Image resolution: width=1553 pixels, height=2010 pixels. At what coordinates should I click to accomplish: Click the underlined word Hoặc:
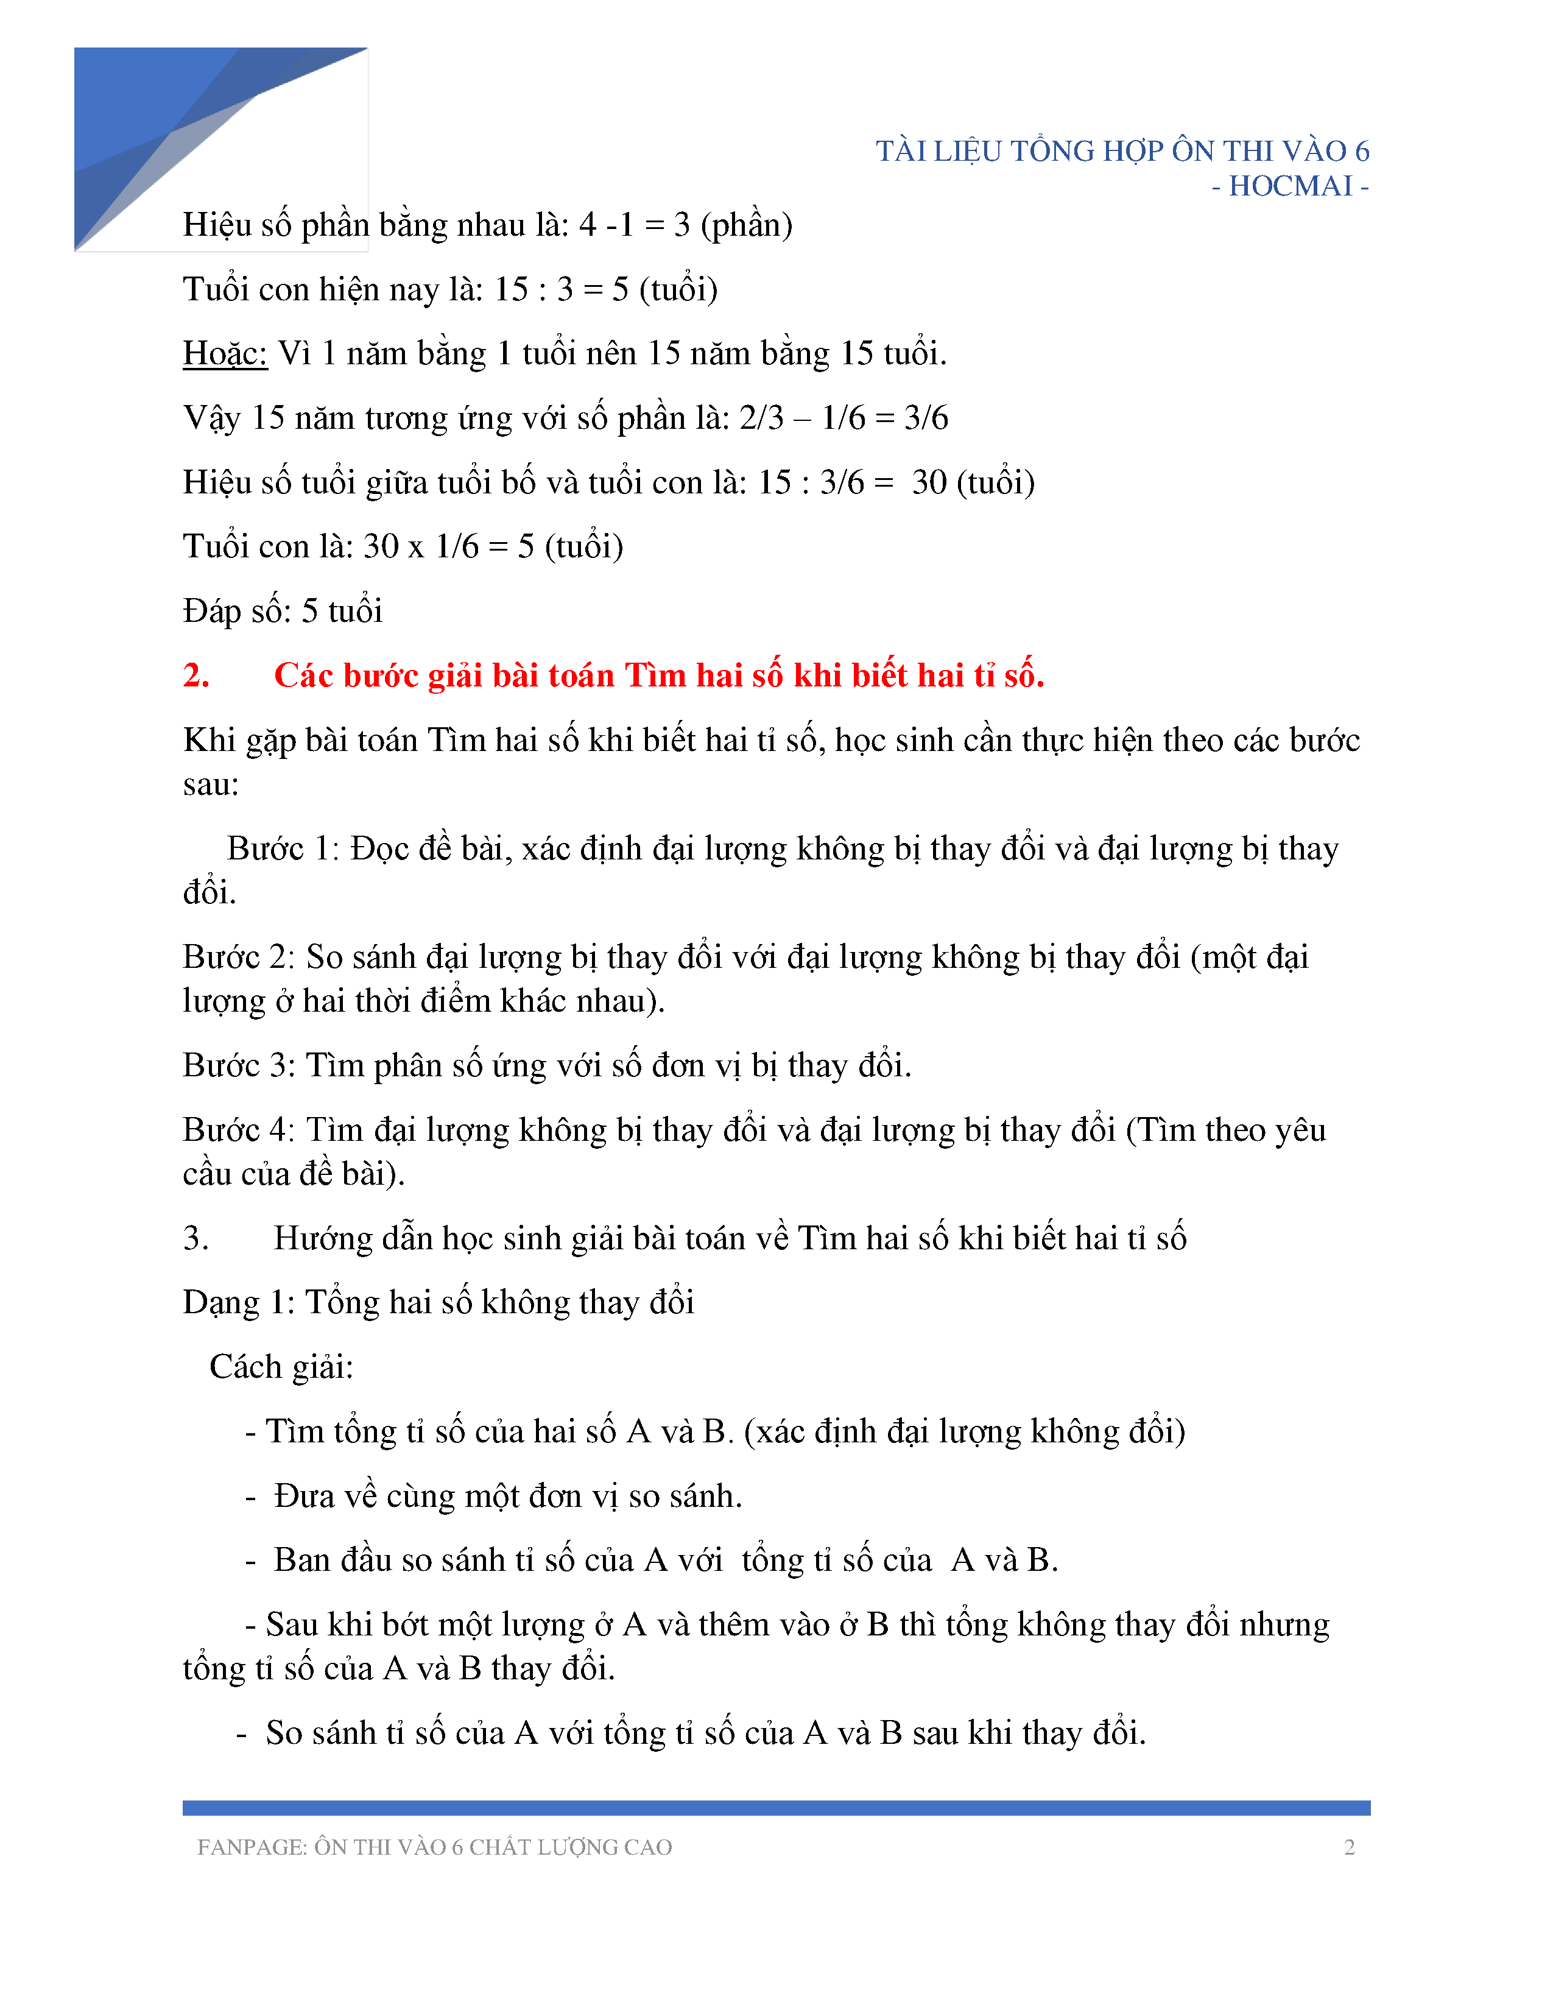tap(225, 353)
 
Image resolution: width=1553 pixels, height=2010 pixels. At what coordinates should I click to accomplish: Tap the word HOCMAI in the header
tap(1290, 187)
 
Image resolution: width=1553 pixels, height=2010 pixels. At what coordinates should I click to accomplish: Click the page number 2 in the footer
tap(1349, 1847)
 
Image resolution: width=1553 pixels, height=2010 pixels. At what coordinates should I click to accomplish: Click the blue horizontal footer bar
tap(775, 1808)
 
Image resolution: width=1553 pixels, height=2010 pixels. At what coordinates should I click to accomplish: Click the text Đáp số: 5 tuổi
tap(283, 611)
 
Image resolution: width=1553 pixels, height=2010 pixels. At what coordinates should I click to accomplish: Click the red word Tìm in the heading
tap(655, 675)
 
